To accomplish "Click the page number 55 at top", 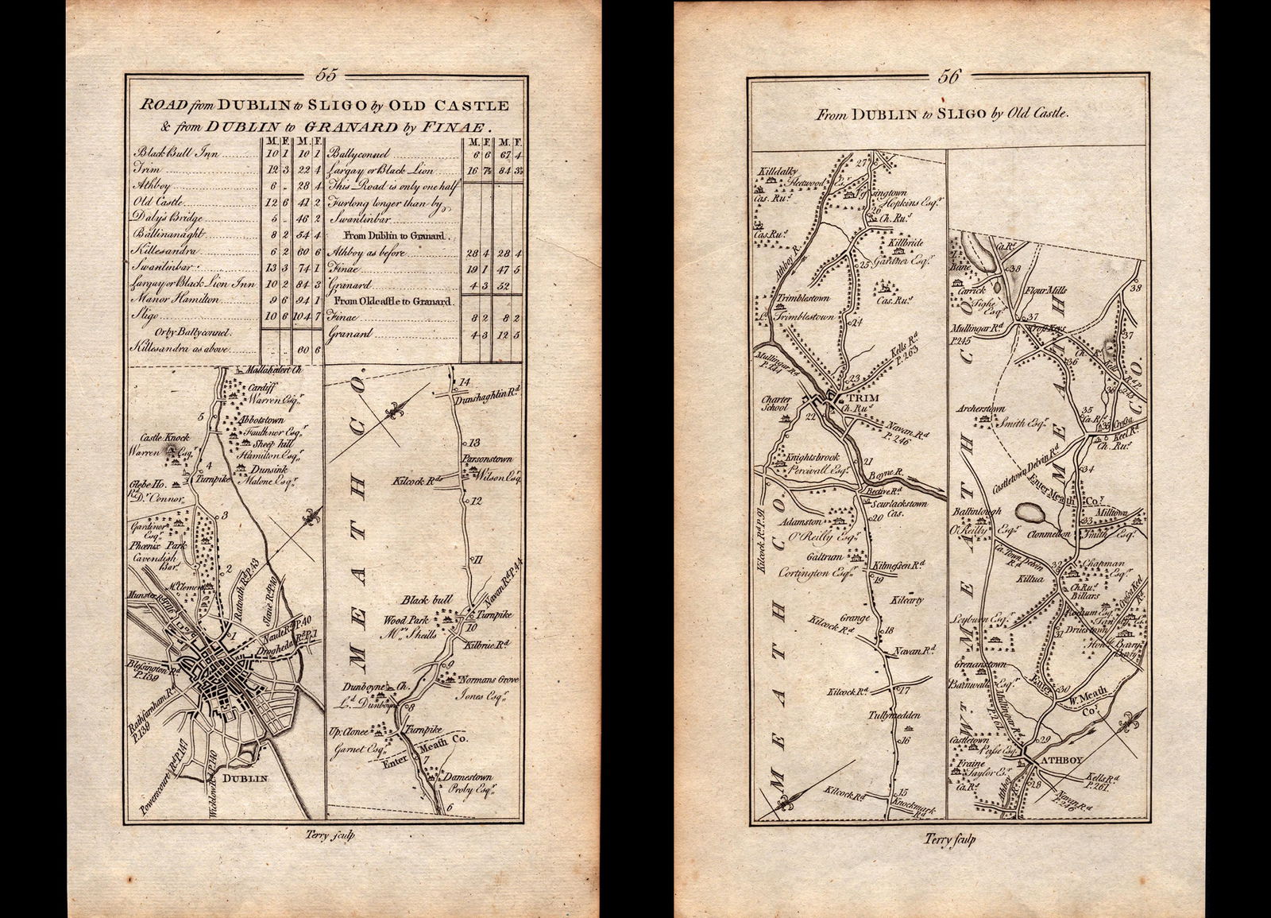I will coord(326,76).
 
